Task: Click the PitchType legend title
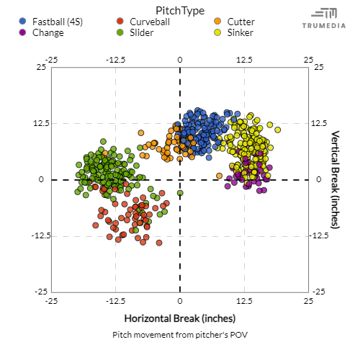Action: point(180,11)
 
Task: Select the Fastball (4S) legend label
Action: point(58,22)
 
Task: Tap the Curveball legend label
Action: point(149,22)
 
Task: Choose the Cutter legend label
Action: point(240,22)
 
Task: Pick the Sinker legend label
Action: point(240,33)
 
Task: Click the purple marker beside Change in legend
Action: point(24,33)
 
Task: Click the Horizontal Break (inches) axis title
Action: point(180,318)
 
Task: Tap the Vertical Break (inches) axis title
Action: point(336,179)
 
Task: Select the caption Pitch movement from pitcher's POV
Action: point(180,336)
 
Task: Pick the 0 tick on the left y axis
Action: point(42,179)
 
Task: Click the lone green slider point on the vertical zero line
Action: point(180,193)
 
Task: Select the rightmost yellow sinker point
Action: point(277,130)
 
